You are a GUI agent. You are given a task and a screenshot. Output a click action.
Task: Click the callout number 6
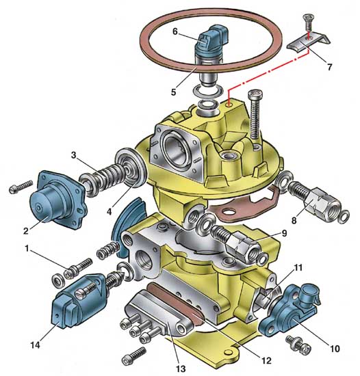175,31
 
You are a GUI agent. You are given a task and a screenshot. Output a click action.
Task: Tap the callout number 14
36,345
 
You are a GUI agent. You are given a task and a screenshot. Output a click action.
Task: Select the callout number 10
335,349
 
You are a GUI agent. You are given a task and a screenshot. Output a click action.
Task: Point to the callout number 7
330,67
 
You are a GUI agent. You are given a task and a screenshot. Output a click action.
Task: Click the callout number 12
266,360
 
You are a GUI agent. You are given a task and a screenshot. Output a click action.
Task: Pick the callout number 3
73,155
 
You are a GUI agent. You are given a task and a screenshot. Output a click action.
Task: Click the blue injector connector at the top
211,38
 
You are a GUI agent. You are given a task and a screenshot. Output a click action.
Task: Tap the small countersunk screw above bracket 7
309,23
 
